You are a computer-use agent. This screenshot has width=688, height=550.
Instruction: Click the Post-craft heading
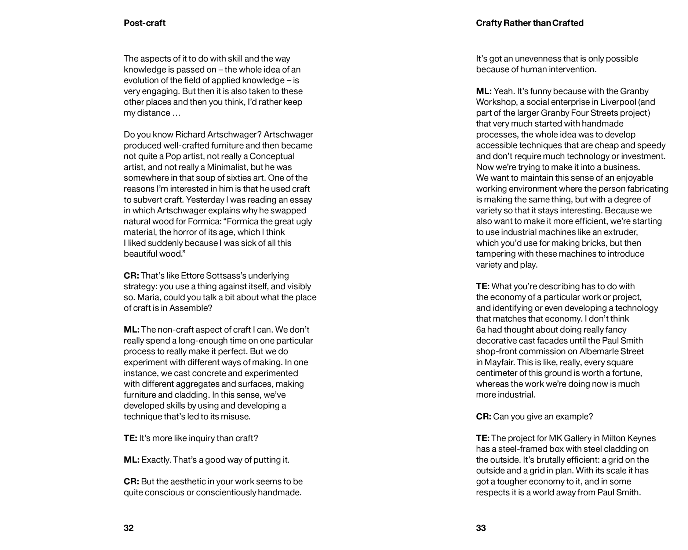(145, 23)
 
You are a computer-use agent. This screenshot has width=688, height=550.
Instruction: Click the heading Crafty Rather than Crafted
(529, 23)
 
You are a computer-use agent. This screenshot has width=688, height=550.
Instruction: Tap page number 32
(129, 528)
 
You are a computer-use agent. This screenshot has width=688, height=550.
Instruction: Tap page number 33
(481, 528)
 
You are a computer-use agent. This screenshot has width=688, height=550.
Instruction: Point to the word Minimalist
(228, 167)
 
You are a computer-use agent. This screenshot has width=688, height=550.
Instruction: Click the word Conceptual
(272, 156)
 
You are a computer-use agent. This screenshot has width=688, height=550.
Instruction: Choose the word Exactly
(156, 460)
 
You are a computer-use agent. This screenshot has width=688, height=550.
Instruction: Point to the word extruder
(622, 232)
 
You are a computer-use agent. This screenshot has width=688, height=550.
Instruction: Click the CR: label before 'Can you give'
(484, 417)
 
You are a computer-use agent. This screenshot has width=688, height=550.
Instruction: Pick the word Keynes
(642, 438)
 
